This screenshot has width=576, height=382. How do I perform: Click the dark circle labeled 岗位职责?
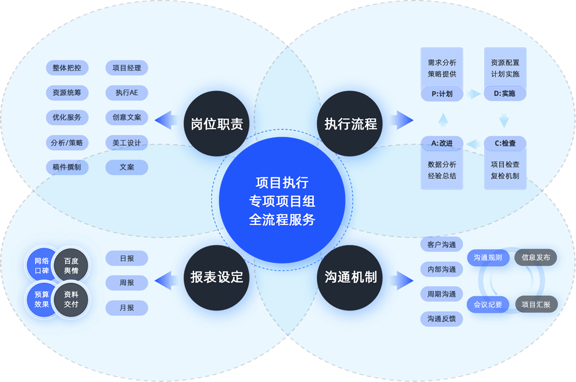tap(216, 124)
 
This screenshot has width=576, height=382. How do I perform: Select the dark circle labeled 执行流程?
tap(350, 124)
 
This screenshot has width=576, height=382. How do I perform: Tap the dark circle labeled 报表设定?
tap(216, 277)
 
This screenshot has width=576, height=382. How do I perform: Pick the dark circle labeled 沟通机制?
tap(350, 277)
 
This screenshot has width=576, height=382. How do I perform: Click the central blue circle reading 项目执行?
tap(282, 201)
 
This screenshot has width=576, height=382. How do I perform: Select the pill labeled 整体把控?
tap(67, 68)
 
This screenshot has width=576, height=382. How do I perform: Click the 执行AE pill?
tap(127, 93)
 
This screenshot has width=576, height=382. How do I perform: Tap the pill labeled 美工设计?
tap(127, 143)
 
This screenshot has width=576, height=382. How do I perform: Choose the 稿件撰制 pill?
tap(67, 167)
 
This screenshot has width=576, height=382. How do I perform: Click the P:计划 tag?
tap(442, 94)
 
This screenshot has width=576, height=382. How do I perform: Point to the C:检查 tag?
tap(505, 143)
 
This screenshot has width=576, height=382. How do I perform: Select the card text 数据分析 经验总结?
tap(442, 170)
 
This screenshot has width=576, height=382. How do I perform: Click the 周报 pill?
tap(127, 283)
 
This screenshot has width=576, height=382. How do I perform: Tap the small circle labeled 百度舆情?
tap(71, 266)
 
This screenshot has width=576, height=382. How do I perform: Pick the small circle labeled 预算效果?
tap(42, 299)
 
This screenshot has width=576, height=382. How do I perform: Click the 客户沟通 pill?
tap(442, 245)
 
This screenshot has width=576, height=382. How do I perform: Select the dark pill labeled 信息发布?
tap(536, 257)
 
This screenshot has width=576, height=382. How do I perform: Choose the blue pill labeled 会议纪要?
tap(488, 304)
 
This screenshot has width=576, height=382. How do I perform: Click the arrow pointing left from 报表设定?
tap(164, 280)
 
